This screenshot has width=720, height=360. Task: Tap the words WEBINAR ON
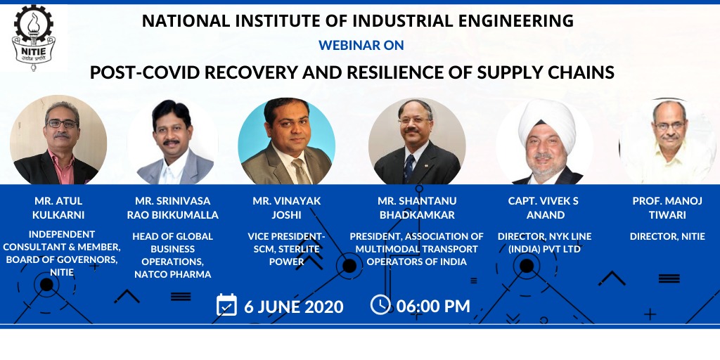(x=361, y=45)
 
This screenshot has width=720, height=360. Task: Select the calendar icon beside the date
(x=227, y=305)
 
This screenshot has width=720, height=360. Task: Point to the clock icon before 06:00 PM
(x=380, y=304)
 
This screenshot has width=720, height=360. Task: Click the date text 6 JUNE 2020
(x=294, y=307)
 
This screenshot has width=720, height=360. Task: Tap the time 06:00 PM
(x=433, y=307)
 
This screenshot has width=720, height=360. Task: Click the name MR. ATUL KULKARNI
(x=58, y=208)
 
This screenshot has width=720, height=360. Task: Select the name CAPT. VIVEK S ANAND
(x=544, y=208)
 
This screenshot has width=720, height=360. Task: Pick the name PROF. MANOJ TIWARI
(x=667, y=208)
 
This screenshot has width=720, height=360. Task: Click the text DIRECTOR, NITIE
(x=667, y=236)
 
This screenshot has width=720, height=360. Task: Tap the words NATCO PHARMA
(x=173, y=275)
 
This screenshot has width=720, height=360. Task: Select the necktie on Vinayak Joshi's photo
(x=301, y=172)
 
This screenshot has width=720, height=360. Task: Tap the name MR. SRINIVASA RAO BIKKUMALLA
(x=173, y=208)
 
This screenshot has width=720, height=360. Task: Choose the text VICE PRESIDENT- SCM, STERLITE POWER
(x=287, y=249)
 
